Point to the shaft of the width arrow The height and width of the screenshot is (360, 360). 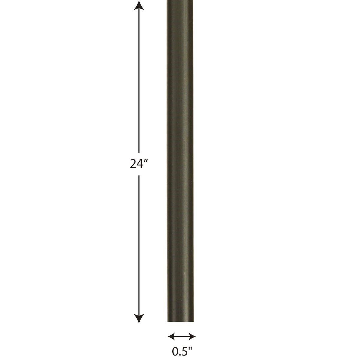pyautogui.click(x=182, y=336)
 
